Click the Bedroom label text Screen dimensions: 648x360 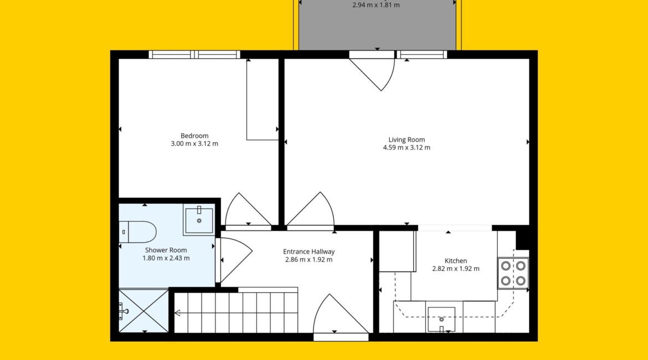pos(194,136)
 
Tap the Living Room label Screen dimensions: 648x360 pos(407,140)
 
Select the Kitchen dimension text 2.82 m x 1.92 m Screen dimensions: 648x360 pos(456,269)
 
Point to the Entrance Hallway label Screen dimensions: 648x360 pos(308,251)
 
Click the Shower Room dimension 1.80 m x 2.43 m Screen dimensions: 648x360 pos(166,258)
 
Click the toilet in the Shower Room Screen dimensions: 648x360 pos(137,232)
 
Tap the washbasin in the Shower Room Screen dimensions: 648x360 pos(199,219)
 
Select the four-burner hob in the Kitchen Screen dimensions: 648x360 pos(513,273)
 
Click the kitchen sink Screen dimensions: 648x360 pos(441,320)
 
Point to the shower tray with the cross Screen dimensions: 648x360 pos(143,310)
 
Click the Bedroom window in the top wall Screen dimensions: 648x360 pos(194,55)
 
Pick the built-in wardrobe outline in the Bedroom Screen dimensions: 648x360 pos(263,99)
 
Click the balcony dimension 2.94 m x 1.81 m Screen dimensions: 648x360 pos(376,5)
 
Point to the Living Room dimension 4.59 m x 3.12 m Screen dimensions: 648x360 pos(407,147)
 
